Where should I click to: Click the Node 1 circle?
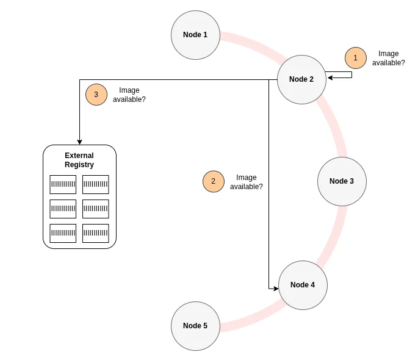pyautogui.click(x=195, y=35)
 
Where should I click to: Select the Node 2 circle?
pyautogui.click(x=301, y=79)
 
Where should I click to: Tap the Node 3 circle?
pyautogui.click(x=342, y=181)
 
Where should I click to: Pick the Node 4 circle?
pyautogui.click(x=303, y=285)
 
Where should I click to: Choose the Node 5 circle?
pyautogui.click(x=195, y=326)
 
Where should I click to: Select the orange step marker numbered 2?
pyautogui.click(x=213, y=181)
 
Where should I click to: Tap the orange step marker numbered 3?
pyautogui.click(x=96, y=95)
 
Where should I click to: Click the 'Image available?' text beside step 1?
pyautogui.click(x=388, y=58)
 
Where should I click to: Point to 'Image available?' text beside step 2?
pyautogui.click(x=246, y=182)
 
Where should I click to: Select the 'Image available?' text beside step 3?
pyautogui.click(x=129, y=95)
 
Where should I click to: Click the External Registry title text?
pyautogui.click(x=79, y=160)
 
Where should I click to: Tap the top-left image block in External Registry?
pyautogui.click(x=63, y=184)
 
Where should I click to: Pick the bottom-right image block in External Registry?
pyautogui.click(x=95, y=233)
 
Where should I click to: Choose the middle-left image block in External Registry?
pyautogui.click(x=63, y=209)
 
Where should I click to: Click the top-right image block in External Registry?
pyautogui.click(x=95, y=184)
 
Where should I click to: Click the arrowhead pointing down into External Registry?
pyautogui.click(x=79, y=142)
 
